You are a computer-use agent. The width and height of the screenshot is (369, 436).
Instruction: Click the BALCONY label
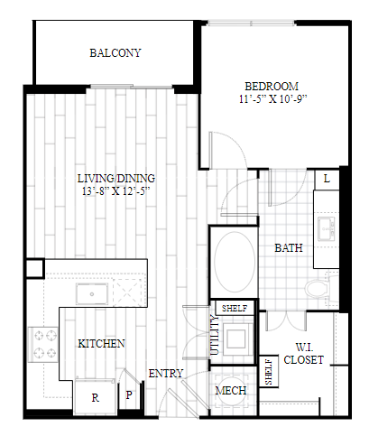coord(115,53)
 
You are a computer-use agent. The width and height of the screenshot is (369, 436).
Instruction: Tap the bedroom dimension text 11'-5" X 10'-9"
coord(273,99)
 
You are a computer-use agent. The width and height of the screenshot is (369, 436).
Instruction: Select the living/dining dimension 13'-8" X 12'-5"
coord(116,191)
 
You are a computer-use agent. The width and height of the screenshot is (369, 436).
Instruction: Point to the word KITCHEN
coord(101,344)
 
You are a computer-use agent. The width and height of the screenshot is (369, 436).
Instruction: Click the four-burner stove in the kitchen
coord(43,344)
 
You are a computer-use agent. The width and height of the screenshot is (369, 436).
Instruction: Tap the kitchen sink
coord(92,294)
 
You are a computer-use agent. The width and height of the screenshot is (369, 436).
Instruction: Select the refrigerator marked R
coord(95,397)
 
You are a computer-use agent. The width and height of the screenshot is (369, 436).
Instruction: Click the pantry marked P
coord(129,394)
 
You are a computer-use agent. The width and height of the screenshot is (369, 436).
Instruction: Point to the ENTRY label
coord(166,374)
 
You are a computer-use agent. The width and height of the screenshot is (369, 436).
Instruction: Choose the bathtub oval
coord(235,262)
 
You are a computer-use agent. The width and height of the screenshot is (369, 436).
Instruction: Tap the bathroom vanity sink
coord(327,229)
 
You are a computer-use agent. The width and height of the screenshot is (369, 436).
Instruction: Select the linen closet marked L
coord(327,179)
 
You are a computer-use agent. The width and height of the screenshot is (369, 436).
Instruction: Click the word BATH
coord(289,248)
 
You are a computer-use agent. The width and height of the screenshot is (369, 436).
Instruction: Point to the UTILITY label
coord(215,335)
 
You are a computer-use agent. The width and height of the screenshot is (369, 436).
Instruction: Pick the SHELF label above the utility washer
coord(235,308)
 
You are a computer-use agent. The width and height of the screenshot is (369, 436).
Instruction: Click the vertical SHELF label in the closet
coord(269,371)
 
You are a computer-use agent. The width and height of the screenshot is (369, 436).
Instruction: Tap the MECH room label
coord(231,391)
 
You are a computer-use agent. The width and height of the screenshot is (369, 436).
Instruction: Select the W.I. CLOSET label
coord(304,354)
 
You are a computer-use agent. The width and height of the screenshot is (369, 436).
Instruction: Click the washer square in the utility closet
coord(236,339)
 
